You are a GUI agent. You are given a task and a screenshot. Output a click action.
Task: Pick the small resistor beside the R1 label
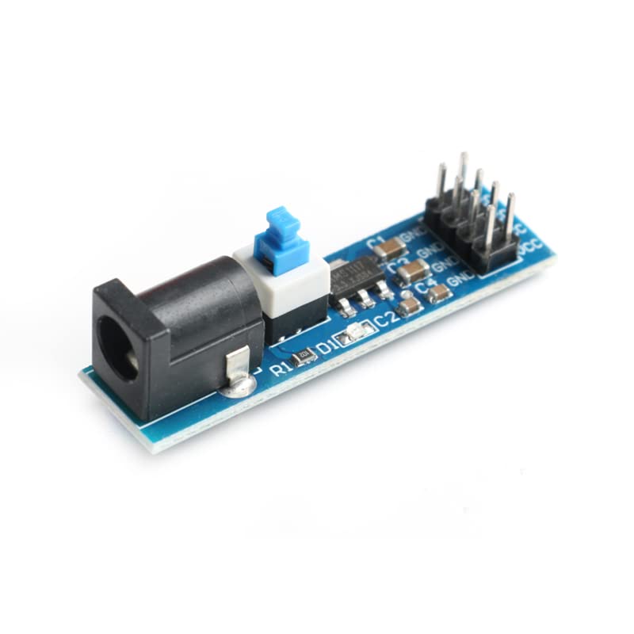(304, 357)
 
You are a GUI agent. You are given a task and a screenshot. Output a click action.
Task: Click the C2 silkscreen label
(385, 319)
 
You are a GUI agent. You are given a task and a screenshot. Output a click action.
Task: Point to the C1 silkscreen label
(376, 240)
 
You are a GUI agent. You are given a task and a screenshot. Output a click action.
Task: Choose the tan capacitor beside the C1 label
(390, 249)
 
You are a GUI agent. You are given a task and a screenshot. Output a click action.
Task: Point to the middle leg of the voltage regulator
(365, 299)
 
